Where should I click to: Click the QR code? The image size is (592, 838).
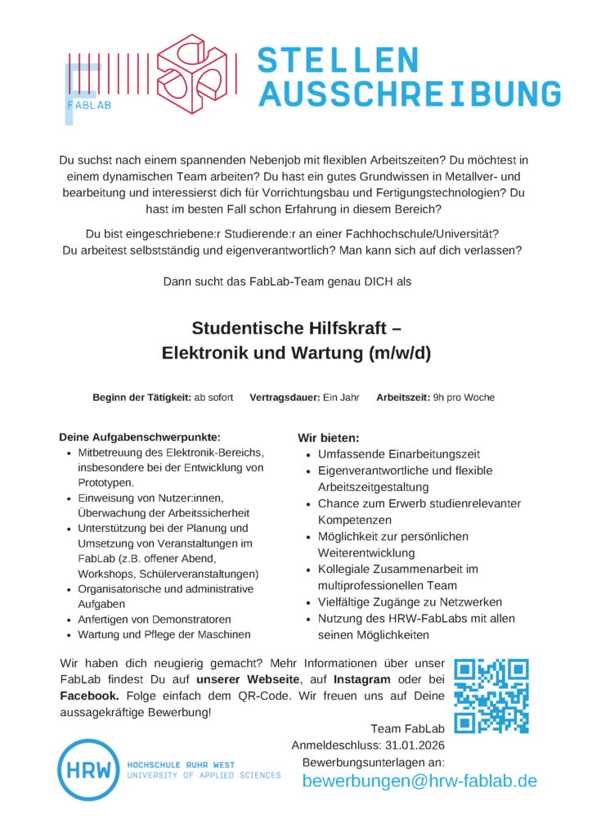(491, 696)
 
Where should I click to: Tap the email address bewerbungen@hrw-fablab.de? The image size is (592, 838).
(419, 781)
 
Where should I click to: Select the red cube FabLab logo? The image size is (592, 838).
(193, 74)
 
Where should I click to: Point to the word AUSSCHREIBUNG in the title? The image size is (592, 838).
(410, 94)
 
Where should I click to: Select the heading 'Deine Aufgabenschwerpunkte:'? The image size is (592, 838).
(140, 437)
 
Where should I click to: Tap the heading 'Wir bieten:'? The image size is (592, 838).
(329, 439)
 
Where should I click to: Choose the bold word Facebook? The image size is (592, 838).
(89, 696)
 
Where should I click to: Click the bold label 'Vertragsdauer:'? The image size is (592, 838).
(285, 398)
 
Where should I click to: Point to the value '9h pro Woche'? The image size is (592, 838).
(464, 398)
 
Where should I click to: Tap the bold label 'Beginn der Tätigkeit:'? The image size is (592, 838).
(141, 398)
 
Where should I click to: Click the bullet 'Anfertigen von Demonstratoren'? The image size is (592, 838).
(155, 619)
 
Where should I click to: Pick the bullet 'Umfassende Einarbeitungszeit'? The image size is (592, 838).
(399, 454)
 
